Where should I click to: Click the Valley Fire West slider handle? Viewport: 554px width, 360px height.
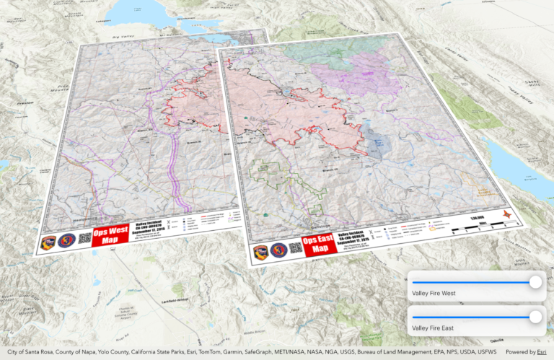point(535,282)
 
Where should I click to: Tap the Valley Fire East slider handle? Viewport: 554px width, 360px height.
point(535,316)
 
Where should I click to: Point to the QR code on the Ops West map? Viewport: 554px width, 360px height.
point(84,239)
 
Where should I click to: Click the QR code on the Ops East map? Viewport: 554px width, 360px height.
point(295,249)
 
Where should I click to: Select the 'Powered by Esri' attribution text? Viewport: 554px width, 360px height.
point(526,352)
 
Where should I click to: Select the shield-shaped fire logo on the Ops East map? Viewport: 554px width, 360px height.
point(260,252)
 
